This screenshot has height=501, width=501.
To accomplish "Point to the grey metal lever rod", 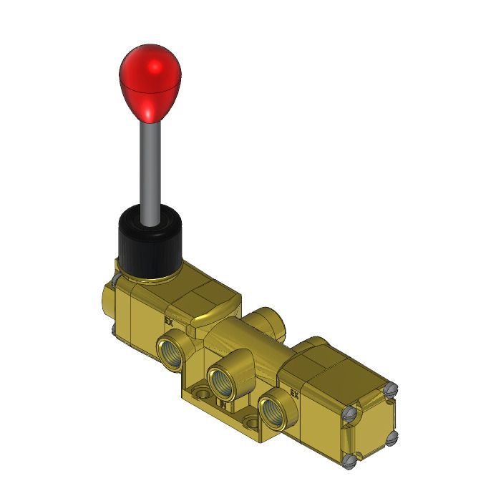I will click(x=152, y=172).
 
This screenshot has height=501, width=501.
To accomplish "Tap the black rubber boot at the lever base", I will click(x=148, y=243).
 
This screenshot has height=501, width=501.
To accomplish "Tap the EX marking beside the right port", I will click(x=293, y=392).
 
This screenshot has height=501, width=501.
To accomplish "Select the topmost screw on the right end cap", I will click(x=390, y=389).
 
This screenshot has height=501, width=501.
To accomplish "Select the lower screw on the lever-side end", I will click(x=114, y=331).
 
